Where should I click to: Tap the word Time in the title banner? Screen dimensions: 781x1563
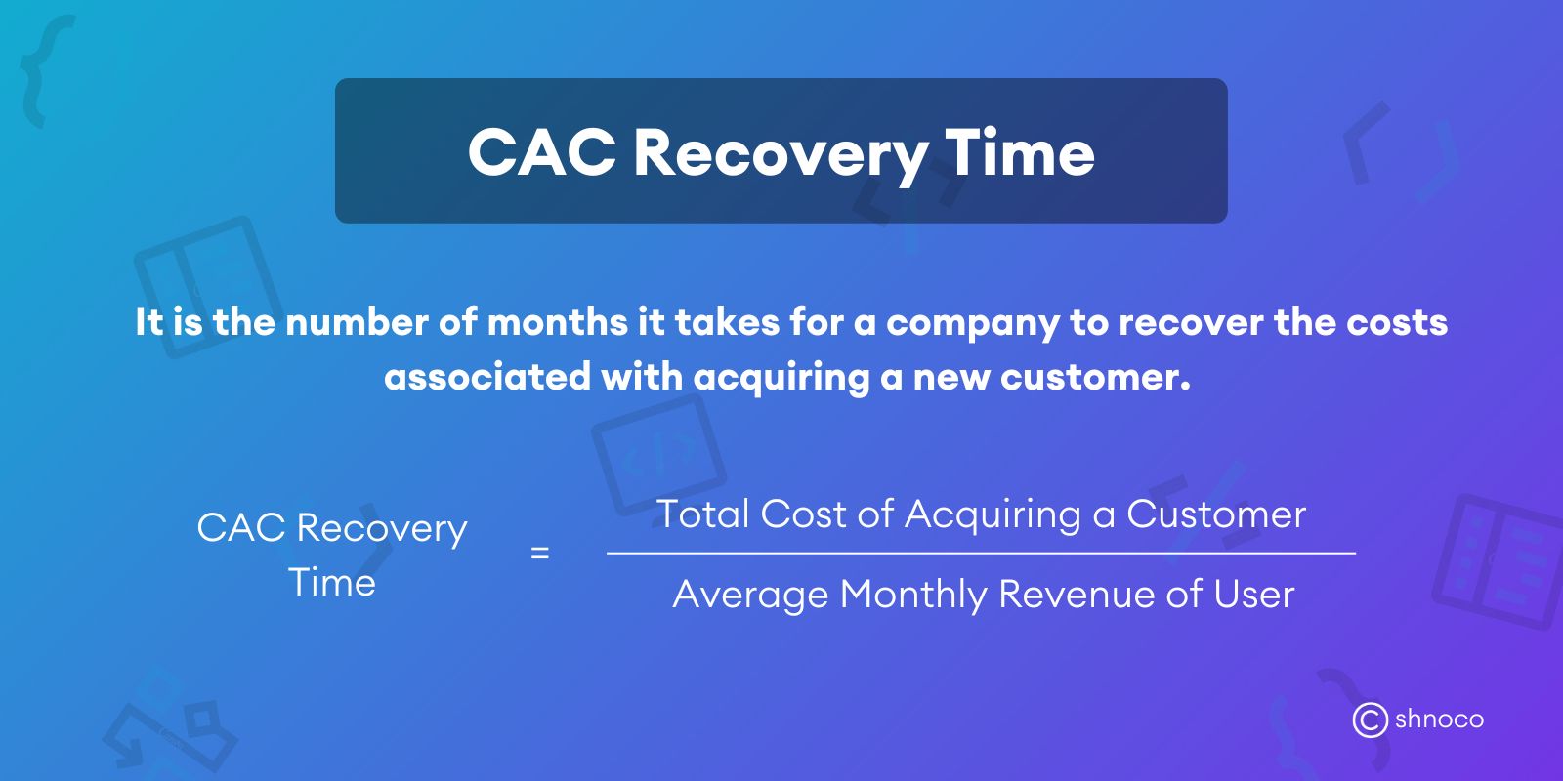tap(1020, 153)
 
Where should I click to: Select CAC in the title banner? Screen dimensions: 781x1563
tap(542, 153)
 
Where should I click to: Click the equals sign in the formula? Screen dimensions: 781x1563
tap(539, 554)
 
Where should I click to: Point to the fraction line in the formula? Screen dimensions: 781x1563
tap(981, 554)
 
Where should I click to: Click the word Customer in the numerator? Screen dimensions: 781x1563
tap(1215, 514)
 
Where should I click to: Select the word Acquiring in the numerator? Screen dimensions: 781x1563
tap(993, 514)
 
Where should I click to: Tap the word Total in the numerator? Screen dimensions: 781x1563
tap(702, 514)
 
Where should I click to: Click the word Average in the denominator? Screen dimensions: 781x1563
tap(750, 595)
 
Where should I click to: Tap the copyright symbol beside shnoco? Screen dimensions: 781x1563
tap(1370, 720)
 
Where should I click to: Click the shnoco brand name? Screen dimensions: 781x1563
tap(1439, 720)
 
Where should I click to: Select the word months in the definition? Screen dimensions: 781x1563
tap(557, 322)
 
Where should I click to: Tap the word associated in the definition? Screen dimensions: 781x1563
tap(487, 377)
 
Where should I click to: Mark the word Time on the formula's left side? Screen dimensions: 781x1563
tap(332, 583)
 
